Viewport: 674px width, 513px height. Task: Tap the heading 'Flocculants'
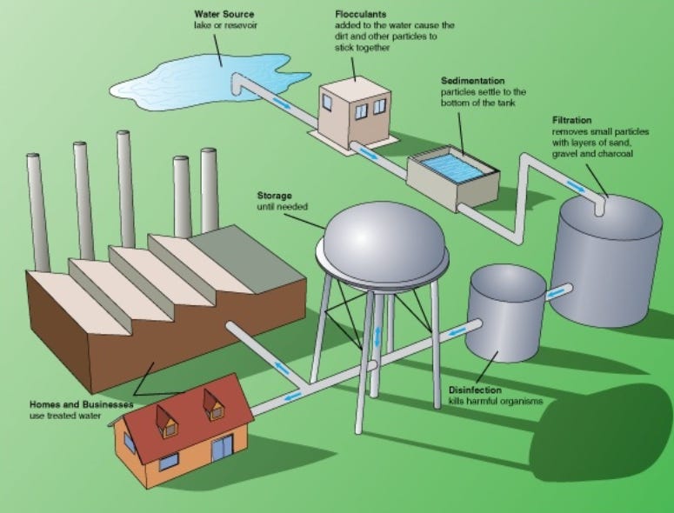[x=361, y=14]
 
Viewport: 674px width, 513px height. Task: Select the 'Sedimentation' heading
[x=475, y=80]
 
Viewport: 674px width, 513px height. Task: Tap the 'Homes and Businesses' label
[x=81, y=405]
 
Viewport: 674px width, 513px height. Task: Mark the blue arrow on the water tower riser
[x=377, y=336]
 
